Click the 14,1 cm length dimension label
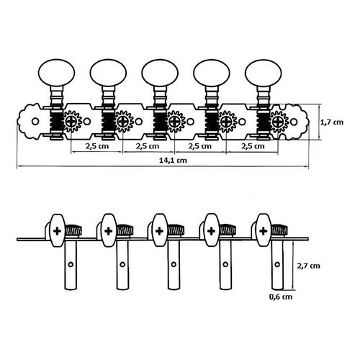[173, 160]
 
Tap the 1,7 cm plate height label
[332, 122]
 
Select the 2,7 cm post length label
[308, 266]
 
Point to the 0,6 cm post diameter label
[281, 297]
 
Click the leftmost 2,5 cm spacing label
[97, 146]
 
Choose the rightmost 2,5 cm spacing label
[253, 146]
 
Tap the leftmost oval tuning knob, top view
[56, 73]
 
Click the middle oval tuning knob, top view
[160, 73]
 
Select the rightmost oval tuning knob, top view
[264, 73]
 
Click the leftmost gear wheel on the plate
[71, 122]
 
